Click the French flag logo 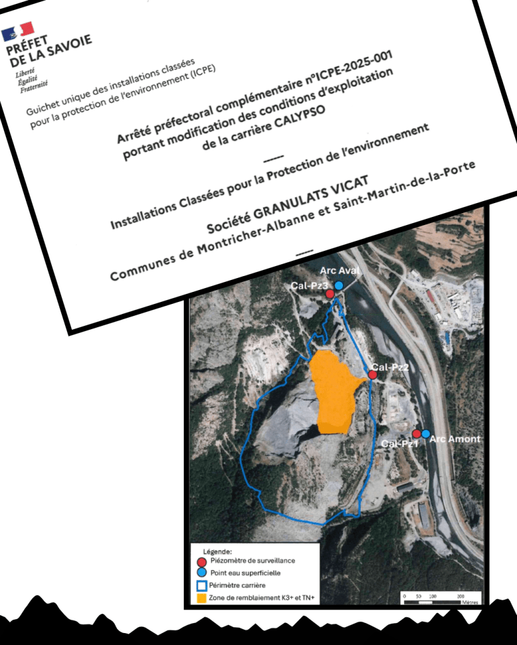[17, 32]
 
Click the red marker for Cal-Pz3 [330, 293]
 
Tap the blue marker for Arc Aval [339, 286]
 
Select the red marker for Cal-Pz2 [372, 375]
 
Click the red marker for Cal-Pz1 [417, 434]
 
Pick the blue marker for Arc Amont [426, 434]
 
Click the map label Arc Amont [455, 439]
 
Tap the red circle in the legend [201, 561]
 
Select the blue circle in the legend [201, 572]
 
